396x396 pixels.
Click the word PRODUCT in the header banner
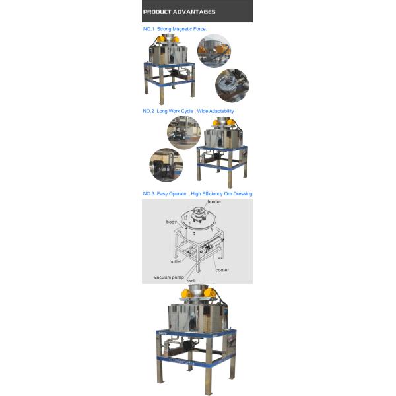tap(158, 12)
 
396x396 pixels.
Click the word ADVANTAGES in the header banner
tap(195, 12)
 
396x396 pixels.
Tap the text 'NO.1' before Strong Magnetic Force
tap(148, 29)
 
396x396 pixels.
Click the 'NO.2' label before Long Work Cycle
tap(148, 111)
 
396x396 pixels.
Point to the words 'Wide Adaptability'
tap(216, 111)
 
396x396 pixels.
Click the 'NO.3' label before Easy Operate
tap(148, 193)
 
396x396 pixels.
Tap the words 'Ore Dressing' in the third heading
tap(238, 193)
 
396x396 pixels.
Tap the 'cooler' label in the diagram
tap(222, 269)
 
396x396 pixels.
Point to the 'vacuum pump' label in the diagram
tap(169, 277)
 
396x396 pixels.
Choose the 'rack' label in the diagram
tap(191, 280)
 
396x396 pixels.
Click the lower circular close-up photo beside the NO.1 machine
tap(232, 85)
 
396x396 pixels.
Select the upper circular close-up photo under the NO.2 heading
tap(183, 133)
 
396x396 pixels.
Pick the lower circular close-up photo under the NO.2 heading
tap(165, 164)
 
